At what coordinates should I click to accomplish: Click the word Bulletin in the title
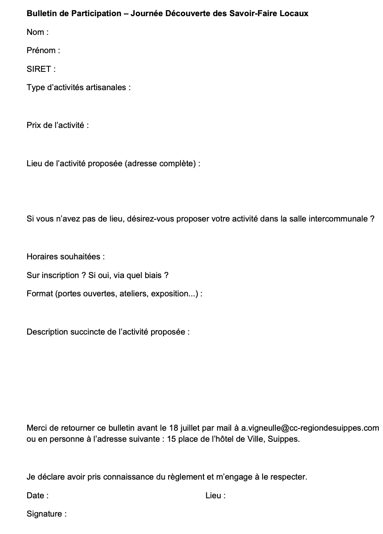pos(41,14)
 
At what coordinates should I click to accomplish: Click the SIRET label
pos(39,69)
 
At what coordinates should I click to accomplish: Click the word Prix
pos(34,125)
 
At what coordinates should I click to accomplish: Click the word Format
pos(40,294)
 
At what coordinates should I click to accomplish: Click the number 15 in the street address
pos(172,439)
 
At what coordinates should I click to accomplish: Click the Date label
pos(35,496)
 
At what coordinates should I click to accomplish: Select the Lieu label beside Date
pos(213,496)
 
